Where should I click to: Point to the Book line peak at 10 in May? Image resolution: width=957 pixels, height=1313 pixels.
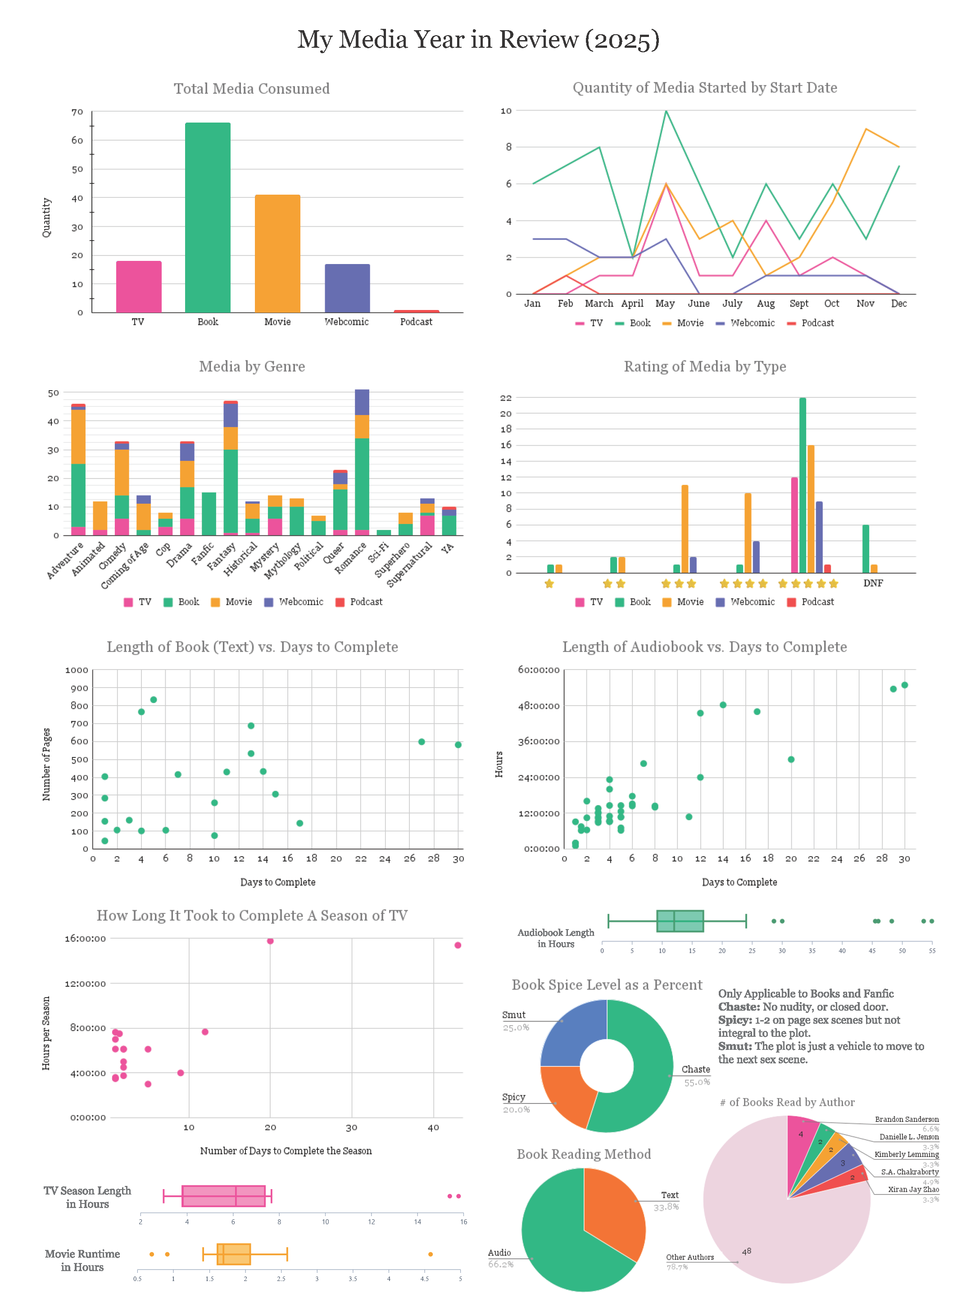coord(666,111)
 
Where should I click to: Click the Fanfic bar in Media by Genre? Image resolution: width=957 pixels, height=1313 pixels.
coord(209,513)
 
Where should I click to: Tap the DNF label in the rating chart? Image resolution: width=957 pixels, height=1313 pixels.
coord(872,583)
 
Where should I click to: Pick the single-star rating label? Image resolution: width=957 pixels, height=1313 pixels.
coord(549,584)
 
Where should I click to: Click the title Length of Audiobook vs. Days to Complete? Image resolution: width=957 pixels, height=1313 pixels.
coord(704,647)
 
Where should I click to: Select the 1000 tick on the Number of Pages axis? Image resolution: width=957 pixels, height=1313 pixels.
coord(77,670)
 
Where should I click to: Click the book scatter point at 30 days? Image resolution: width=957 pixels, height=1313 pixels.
coord(458,744)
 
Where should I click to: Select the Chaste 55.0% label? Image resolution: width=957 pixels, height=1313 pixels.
coord(695,1075)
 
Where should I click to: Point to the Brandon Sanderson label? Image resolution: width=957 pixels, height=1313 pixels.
coord(906,1119)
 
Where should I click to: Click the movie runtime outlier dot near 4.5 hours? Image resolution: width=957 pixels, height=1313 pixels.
coord(431,1254)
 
